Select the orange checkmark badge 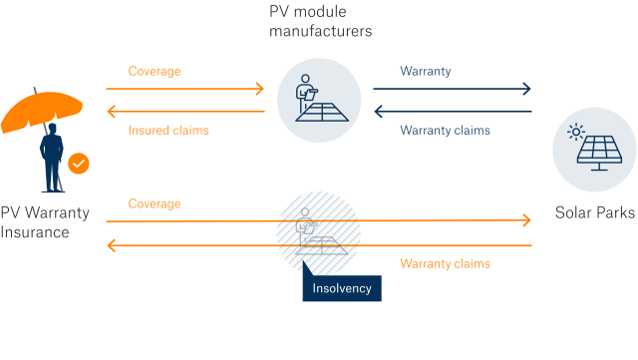tap(79, 161)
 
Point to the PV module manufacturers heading tap(320, 20)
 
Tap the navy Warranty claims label tap(445, 130)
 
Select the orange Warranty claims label tap(445, 263)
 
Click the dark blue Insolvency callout tap(341, 287)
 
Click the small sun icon tap(575, 132)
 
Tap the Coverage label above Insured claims tap(155, 71)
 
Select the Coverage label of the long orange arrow tap(155, 203)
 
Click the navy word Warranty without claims tap(426, 71)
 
